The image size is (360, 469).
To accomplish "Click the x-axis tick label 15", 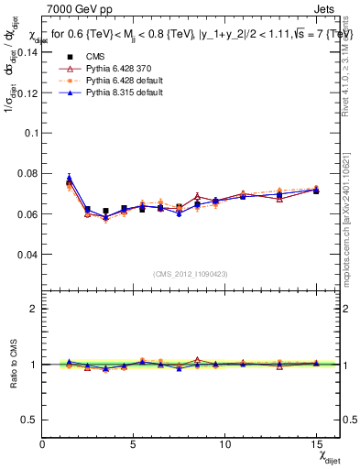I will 315,443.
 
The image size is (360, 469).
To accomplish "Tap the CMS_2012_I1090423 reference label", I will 191,274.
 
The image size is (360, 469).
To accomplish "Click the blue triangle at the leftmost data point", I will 69,178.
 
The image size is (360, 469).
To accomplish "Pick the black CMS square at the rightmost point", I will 316,191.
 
